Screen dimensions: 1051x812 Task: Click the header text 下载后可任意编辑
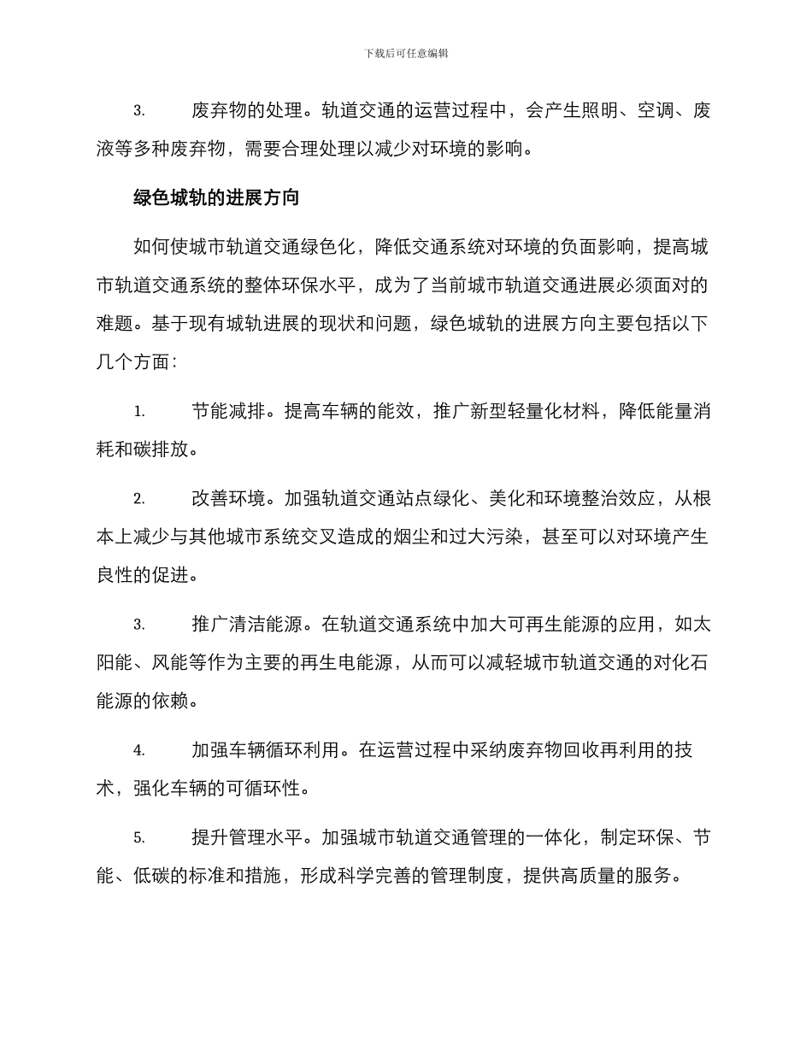tap(406, 53)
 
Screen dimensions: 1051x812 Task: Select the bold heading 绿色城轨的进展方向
tap(216, 198)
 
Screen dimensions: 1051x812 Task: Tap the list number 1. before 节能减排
tap(138, 412)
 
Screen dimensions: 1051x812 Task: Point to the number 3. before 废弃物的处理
tap(138, 111)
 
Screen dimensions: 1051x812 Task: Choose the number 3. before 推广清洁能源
tap(138, 625)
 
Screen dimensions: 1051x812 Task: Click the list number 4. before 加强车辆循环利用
tap(138, 751)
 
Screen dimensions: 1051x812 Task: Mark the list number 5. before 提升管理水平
tap(138, 838)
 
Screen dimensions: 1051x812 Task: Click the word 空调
tap(656, 111)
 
